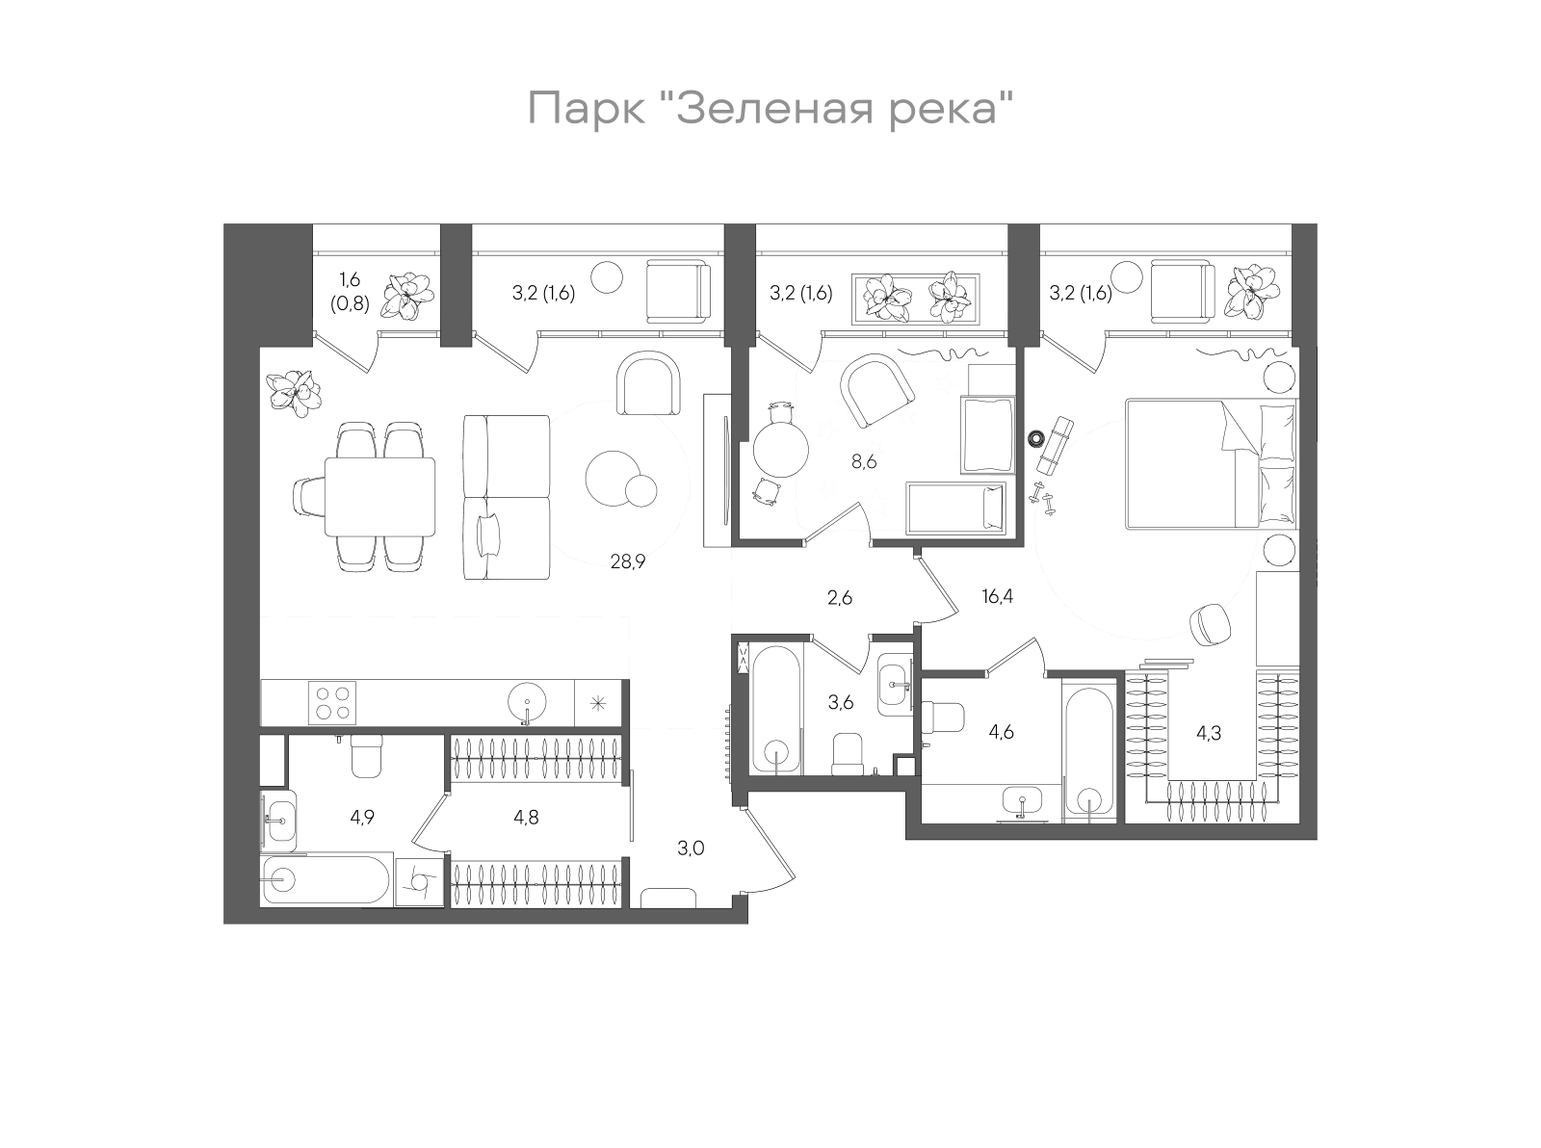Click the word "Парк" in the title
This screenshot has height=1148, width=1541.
pyautogui.click(x=587, y=109)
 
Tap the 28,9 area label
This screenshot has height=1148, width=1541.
pyautogui.click(x=627, y=561)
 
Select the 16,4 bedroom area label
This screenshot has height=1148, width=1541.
pyautogui.click(x=997, y=596)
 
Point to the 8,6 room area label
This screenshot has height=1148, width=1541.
pyautogui.click(x=863, y=461)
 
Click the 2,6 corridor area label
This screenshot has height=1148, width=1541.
pyautogui.click(x=840, y=598)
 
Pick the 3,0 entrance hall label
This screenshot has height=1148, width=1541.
pyautogui.click(x=691, y=848)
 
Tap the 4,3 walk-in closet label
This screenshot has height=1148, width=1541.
pyautogui.click(x=1208, y=732)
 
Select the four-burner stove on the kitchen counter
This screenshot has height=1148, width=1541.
pyautogui.click(x=331, y=702)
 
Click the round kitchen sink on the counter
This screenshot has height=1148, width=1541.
pyautogui.click(x=526, y=701)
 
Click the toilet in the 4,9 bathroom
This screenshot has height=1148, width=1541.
pyautogui.click(x=366, y=756)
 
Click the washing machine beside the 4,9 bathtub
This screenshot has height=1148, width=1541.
pyautogui.click(x=419, y=881)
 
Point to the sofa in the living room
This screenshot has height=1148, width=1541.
pyautogui.click(x=506, y=497)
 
